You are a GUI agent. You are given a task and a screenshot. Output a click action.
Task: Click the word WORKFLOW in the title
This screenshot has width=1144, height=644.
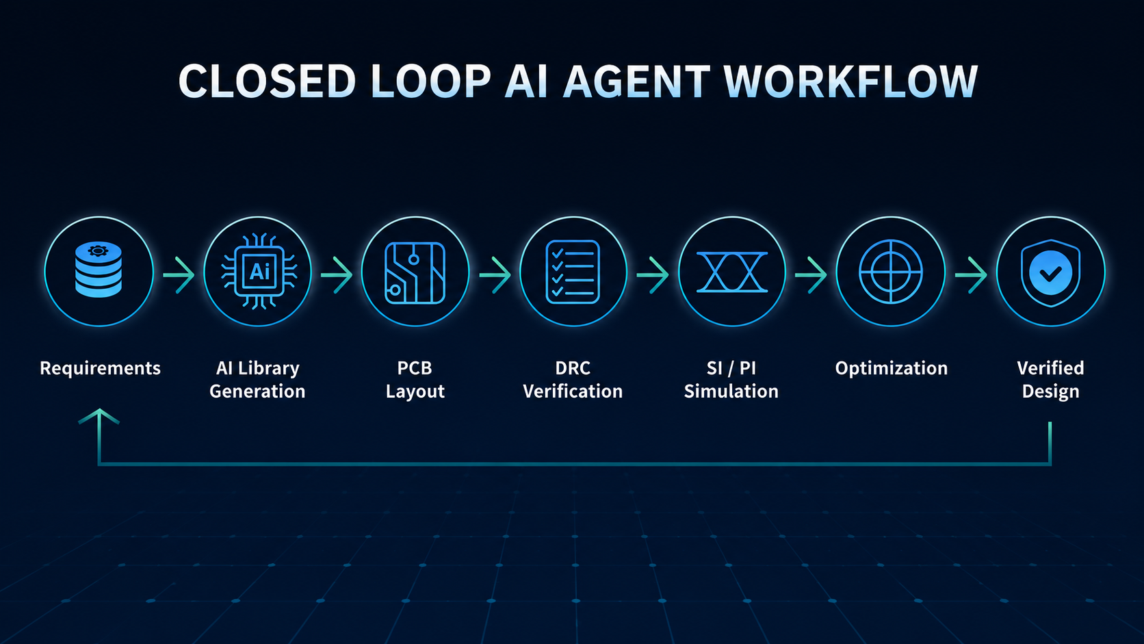850,81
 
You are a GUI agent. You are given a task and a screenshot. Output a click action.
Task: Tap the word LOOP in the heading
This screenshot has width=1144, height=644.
430,81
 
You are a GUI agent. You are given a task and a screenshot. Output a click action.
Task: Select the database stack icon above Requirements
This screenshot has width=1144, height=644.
99,270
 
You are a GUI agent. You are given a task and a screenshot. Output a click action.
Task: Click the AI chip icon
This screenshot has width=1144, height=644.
259,271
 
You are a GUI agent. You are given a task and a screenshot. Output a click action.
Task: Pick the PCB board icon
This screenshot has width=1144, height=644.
415,273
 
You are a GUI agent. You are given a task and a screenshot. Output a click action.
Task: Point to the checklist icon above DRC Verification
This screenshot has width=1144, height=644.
573,272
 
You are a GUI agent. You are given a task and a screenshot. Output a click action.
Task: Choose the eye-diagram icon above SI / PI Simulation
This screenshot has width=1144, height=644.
732,272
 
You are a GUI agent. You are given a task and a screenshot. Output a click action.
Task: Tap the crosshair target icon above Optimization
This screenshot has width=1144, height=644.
891,272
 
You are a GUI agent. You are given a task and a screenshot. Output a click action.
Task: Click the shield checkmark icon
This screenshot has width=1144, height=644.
1050,272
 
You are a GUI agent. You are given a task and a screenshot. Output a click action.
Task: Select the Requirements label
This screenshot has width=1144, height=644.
100,368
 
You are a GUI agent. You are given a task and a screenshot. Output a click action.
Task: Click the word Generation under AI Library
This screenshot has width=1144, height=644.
257,391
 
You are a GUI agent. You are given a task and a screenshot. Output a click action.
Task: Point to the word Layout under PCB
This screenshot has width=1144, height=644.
415,391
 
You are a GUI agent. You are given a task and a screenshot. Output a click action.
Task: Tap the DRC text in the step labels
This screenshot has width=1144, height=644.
573,368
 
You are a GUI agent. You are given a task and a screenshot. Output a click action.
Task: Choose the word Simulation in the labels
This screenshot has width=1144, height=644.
731,391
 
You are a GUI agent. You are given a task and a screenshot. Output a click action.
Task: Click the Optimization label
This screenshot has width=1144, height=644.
892,368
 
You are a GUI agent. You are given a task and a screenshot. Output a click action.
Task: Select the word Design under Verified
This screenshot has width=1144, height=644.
1050,391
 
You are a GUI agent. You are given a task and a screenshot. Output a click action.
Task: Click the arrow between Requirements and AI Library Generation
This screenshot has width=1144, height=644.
179,274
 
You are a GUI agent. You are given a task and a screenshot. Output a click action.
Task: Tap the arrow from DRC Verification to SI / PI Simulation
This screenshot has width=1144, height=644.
653,274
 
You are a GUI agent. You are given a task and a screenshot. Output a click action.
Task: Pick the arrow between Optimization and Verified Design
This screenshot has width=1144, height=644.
971,274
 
